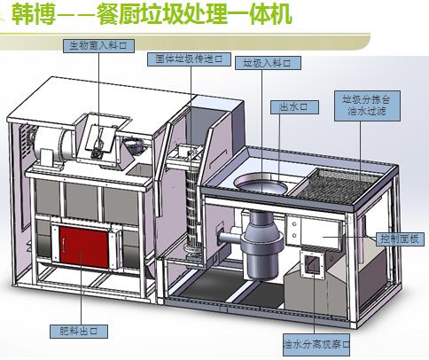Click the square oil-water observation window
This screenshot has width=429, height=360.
click(314, 265)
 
